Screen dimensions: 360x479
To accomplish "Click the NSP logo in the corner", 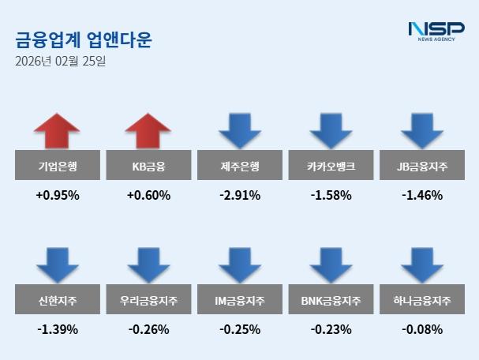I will tap(436, 32).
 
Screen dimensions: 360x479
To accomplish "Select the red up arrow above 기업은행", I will tap(58, 131).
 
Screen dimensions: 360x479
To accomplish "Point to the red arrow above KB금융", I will tap(148, 131).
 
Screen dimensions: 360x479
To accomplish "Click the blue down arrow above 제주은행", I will tap(240, 131).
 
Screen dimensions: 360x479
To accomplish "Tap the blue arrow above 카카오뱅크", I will tap(331, 131).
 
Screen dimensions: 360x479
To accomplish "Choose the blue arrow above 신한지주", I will tap(58, 265).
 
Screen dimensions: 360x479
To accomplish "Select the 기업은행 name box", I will tap(58, 167).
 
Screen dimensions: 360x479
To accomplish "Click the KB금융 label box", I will tap(148, 167).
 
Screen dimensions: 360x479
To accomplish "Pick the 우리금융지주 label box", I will tap(148, 301).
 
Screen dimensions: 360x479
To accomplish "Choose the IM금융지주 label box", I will tap(240, 301).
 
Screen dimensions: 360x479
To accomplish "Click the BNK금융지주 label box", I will tap(331, 301).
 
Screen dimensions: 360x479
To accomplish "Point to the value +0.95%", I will tap(58, 195).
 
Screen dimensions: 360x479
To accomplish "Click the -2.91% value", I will tap(240, 195).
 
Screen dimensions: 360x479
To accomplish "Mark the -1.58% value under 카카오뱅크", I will tap(331, 195).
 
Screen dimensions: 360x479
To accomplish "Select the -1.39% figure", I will tap(58, 329).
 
